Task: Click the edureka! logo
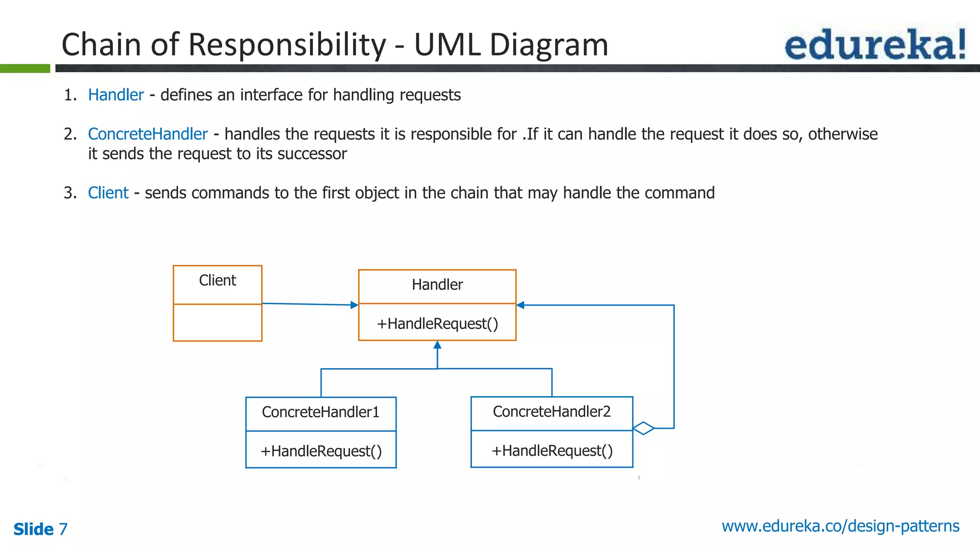(875, 44)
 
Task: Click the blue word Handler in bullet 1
(116, 95)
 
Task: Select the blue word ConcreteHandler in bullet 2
(148, 134)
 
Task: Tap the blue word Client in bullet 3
(108, 193)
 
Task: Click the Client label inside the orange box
(217, 280)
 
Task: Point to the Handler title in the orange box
(437, 285)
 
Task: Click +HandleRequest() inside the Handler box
(437, 324)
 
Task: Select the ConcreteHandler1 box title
(321, 412)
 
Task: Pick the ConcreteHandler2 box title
(551, 412)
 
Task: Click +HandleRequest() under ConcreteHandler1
(321, 451)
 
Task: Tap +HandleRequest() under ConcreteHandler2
(551, 451)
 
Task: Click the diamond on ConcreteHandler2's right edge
(644, 428)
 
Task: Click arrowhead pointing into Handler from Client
(354, 305)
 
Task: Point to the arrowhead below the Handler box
(437, 345)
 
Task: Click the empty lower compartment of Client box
(217, 322)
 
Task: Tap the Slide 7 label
(40, 529)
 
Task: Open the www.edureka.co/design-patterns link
(840, 526)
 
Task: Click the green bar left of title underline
(25, 68)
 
